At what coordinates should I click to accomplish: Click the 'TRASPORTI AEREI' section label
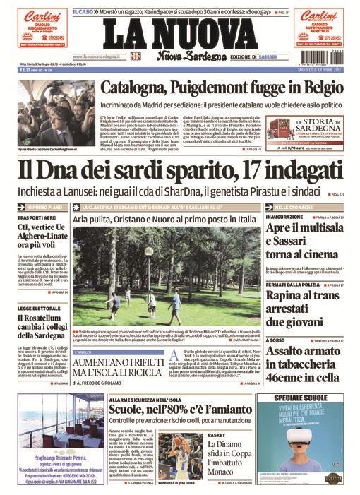[x=35, y=219]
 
